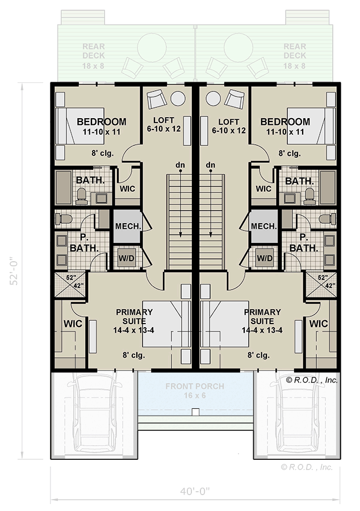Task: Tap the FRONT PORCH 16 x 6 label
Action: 195,391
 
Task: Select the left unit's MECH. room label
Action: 124,226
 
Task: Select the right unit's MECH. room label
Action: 264,226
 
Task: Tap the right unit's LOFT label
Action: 228,125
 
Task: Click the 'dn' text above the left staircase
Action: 180,165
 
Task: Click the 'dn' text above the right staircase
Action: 211,165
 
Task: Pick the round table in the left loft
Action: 178,98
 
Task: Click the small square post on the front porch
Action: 195,412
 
